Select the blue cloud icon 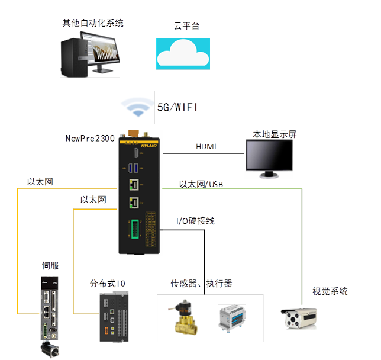coord(183,53)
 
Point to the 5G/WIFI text coord(177,108)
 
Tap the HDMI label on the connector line coord(205,146)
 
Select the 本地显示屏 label coord(275,134)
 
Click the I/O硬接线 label coord(196,221)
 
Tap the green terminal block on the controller coord(135,230)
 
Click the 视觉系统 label coord(330,291)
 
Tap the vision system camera coord(302,319)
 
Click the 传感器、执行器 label coord(201,284)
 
